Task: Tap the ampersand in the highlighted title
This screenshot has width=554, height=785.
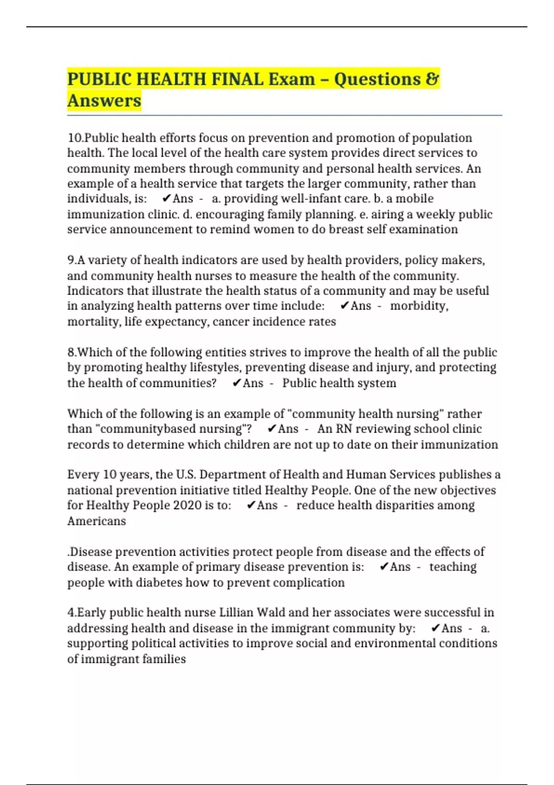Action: point(432,79)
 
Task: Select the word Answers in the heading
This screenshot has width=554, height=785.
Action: point(104,101)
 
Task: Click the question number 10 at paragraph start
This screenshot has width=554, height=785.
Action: point(75,138)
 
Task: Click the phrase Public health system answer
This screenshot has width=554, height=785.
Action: point(339,383)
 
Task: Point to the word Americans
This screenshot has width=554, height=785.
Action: point(96,521)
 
